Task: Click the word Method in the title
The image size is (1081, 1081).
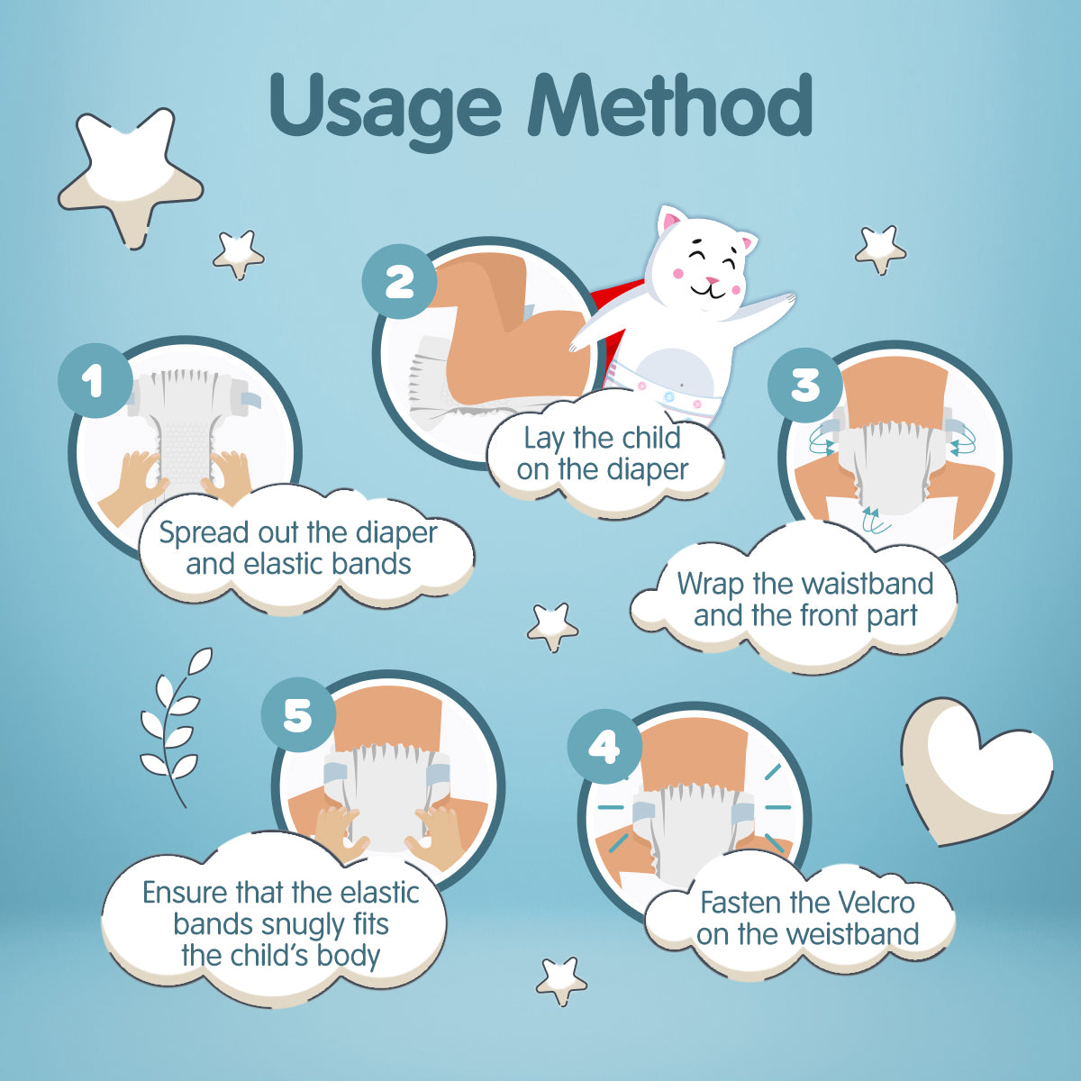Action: [x=670, y=104]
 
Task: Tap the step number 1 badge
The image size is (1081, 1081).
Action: [x=95, y=380]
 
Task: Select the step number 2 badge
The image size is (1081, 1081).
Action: [x=399, y=282]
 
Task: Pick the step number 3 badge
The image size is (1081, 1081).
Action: [x=805, y=385]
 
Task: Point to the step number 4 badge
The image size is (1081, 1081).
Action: [x=604, y=747]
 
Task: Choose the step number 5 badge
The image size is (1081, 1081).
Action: [x=298, y=714]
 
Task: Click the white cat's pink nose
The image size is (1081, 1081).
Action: [x=712, y=280]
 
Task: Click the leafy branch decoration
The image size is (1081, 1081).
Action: [x=175, y=726]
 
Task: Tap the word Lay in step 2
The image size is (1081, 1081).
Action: [x=546, y=439]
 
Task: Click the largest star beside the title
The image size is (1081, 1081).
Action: [x=131, y=177]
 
